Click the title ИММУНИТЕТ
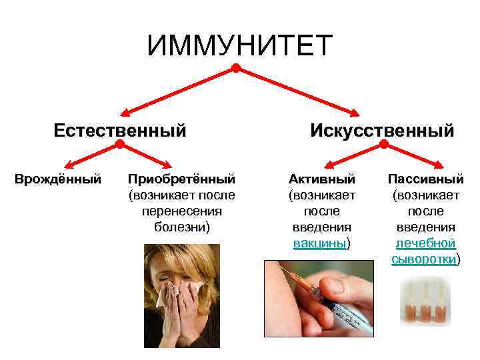pyautogui.click(x=239, y=45)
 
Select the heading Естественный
pyautogui.click(x=120, y=129)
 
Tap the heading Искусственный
pyautogui.click(x=382, y=129)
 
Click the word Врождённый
pyautogui.click(x=58, y=179)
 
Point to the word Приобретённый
pyautogui.click(x=182, y=179)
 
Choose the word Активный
pyautogui.click(x=322, y=179)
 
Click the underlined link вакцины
pyautogui.click(x=320, y=243)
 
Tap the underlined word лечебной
pyautogui.click(x=425, y=243)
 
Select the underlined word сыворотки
pyautogui.click(x=424, y=259)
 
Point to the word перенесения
pyautogui.click(x=182, y=211)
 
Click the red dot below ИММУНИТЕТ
pyautogui.click(x=236, y=68)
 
